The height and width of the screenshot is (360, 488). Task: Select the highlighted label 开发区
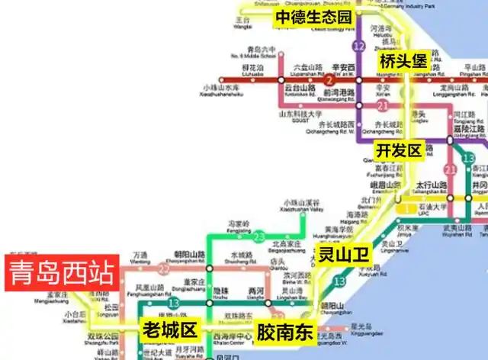click(398, 150)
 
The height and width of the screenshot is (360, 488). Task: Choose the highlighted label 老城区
click(170, 329)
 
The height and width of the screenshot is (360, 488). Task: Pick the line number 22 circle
click(163, 268)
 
